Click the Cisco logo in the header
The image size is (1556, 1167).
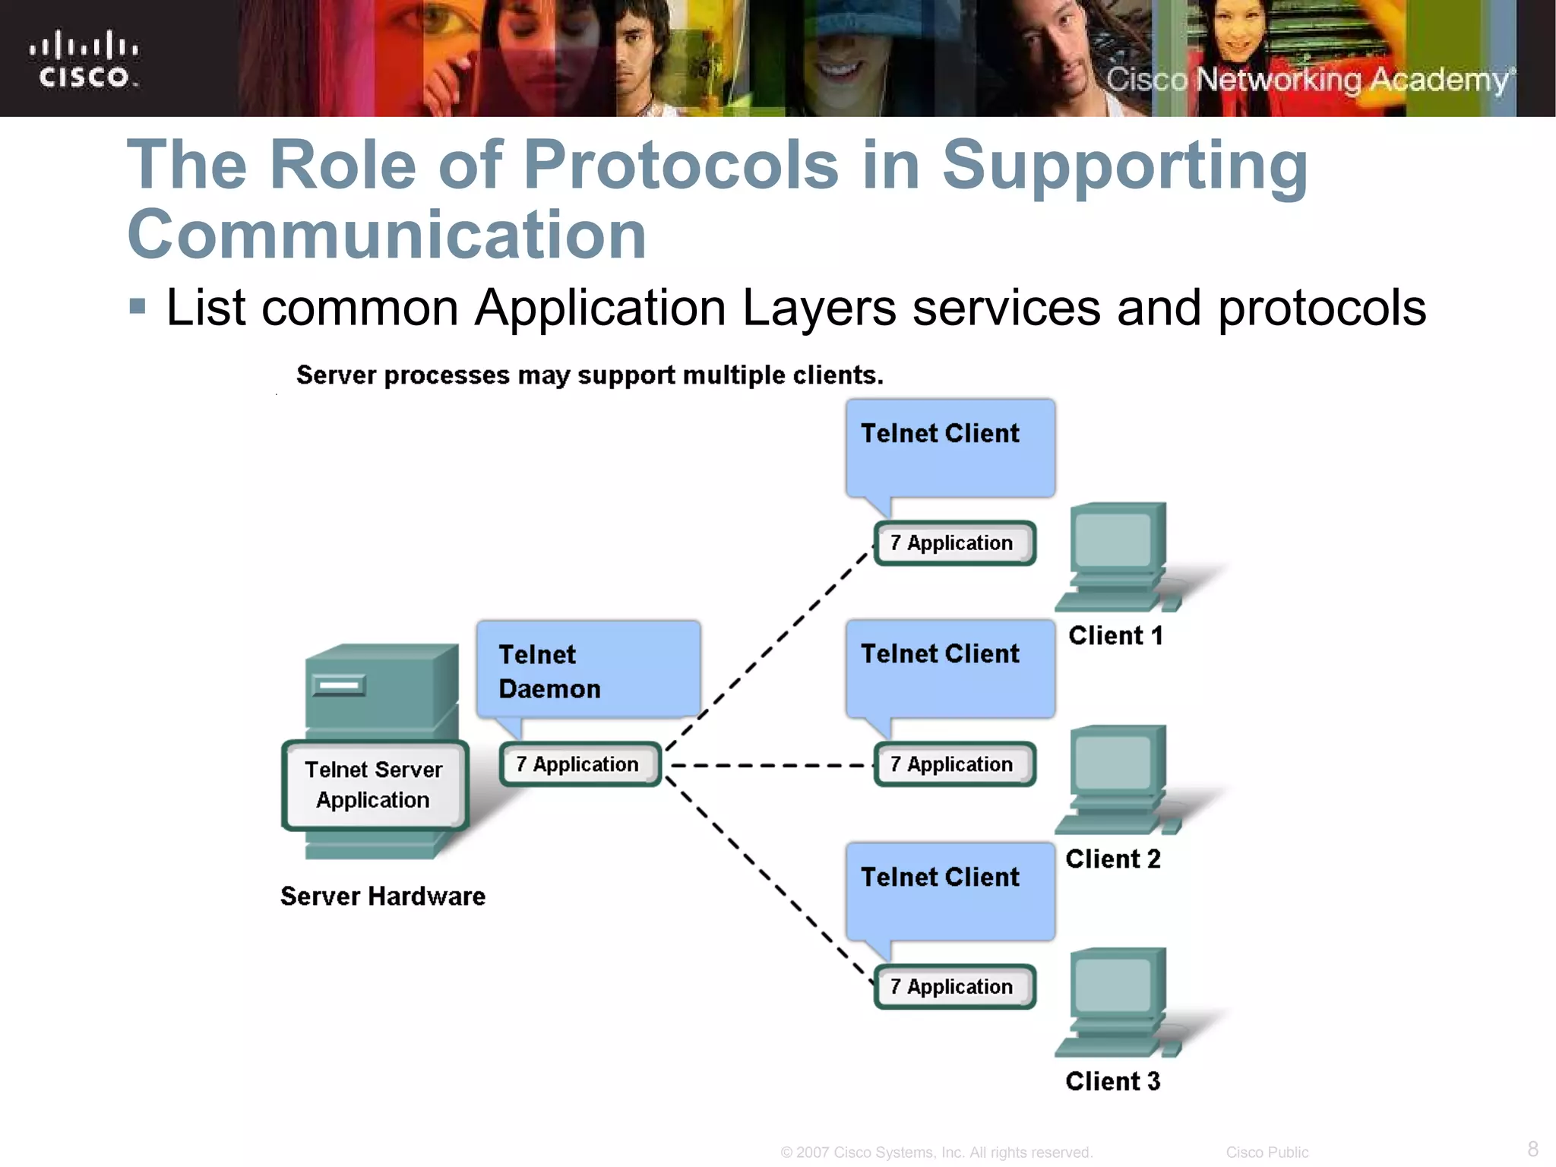84,59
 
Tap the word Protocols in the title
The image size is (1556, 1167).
681,165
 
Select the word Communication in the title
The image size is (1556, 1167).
386,235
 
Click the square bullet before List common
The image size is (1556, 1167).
138,307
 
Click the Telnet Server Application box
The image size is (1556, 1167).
374,785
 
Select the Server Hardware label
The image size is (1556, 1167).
382,897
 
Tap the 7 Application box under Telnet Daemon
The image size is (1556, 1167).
579,764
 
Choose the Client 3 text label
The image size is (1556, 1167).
1112,1081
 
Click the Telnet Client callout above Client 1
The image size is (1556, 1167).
950,448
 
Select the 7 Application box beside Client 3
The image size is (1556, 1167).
954,987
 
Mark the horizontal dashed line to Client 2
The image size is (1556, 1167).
767,765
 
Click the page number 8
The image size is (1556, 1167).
1532,1148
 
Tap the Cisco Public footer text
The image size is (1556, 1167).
1267,1153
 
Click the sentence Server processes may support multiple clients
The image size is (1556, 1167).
590,375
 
